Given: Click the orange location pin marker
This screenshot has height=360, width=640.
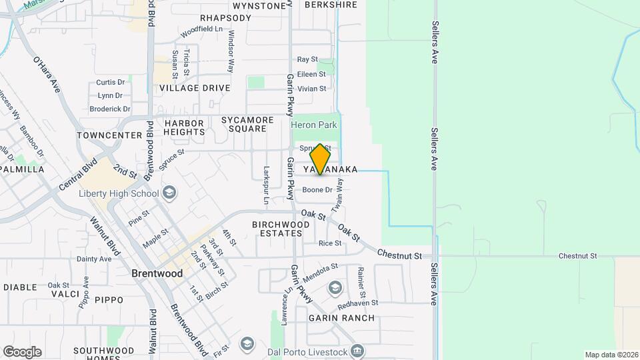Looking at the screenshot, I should (x=320, y=159).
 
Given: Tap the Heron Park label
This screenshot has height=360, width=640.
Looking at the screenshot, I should (x=314, y=125).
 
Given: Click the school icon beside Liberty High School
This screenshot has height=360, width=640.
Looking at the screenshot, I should (x=169, y=193).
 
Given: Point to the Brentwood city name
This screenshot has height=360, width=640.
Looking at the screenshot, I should (x=157, y=273).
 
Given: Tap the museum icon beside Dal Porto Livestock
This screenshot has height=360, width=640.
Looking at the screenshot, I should (x=359, y=351).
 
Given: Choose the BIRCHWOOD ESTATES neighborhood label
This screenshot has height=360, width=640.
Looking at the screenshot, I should (x=281, y=229).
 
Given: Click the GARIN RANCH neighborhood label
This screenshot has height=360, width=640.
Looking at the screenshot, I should (x=341, y=318).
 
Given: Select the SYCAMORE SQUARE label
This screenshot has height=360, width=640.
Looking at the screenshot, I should (x=247, y=125).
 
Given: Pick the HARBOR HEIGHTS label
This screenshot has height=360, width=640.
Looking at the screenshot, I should (x=184, y=127).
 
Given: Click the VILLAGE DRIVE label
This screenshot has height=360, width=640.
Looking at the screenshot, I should (x=195, y=88).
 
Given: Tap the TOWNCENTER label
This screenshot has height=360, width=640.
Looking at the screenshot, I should (x=109, y=135).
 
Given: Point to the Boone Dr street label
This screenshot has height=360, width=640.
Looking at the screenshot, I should (x=317, y=190).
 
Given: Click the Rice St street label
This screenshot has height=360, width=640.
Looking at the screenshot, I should (x=330, y=243).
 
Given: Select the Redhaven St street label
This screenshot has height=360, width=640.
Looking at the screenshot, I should (x=358, y=303).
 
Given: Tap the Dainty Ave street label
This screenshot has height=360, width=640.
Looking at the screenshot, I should (x=94, y=259).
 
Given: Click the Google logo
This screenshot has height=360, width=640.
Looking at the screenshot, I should (x=22, y=352).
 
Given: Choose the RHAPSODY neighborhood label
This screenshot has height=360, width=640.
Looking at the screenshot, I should (x=225, y=18).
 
